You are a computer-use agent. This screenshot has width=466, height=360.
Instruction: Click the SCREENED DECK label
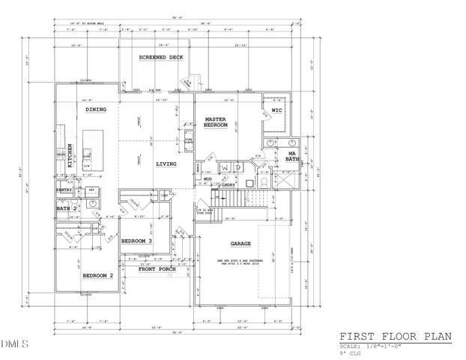[161, 57]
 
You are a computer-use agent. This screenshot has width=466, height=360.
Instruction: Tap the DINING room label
[95, 109]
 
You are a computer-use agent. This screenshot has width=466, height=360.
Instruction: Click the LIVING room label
[166, 163]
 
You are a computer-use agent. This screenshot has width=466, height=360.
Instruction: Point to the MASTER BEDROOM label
[216, 122]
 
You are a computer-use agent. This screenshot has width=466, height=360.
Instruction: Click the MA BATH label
[293, 157]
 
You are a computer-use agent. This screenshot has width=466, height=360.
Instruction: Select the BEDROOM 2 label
[97, 276]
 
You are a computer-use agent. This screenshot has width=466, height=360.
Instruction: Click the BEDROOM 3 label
[137, 241]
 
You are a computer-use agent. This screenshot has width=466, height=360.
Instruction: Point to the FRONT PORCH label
[157, 268]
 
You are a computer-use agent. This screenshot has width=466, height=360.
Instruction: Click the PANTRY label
[63, 190]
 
